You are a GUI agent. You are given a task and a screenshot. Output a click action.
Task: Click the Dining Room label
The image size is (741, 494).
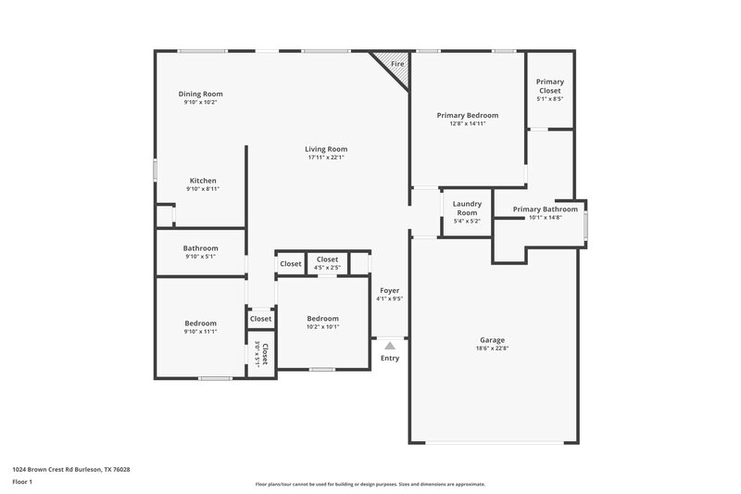200,94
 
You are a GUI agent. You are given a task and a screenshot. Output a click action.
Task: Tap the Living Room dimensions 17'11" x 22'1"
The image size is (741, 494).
326,158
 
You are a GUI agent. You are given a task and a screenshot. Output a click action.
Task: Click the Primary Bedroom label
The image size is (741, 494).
468,116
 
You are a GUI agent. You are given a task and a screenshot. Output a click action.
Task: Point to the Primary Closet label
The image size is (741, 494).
549,86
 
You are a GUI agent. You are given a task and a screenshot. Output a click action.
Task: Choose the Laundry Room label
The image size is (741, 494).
465,209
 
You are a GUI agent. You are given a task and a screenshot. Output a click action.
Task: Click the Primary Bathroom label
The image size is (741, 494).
545,209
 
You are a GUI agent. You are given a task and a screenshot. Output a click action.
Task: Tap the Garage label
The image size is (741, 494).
492,340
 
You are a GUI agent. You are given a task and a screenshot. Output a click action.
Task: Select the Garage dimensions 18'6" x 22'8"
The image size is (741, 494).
492,349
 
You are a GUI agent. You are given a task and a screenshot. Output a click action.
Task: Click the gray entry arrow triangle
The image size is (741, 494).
390,345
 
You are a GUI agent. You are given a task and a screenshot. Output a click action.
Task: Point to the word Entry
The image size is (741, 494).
390,358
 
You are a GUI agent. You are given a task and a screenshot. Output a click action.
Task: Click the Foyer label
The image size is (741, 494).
389,290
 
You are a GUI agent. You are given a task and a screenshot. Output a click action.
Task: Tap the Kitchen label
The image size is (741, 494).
203,181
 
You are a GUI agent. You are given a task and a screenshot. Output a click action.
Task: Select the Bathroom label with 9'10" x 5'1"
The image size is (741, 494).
200,248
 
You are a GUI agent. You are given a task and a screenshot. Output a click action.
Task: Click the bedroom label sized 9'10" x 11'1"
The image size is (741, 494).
200,323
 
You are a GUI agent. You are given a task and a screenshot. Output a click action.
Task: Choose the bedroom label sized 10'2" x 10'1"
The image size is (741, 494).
323,318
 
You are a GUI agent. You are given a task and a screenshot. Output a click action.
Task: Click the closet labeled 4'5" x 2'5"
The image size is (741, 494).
327,260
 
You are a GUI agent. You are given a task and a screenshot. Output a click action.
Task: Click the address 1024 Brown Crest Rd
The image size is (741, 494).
70,469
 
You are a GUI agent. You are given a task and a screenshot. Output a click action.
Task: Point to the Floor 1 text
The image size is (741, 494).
22,482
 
